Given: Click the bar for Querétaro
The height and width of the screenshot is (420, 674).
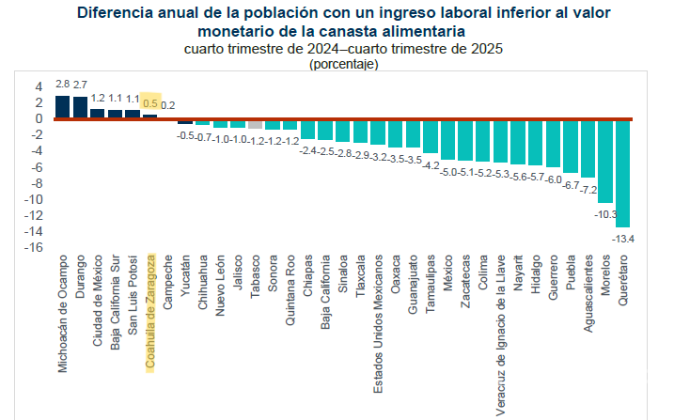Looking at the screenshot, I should coord(622,173).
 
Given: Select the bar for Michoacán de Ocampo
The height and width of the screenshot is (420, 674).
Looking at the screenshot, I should coord(62,107).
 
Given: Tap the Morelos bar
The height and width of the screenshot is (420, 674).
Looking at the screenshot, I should coord(605,161).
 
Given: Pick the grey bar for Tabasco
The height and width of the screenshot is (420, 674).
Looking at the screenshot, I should coord(255,124).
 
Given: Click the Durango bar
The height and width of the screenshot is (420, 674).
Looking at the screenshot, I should coord(80,108).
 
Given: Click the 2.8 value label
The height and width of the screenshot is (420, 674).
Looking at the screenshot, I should coord(62,85).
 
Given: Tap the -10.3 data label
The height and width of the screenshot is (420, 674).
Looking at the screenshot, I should coord(605,214).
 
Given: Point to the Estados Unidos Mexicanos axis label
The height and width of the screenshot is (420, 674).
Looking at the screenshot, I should coord(377,314).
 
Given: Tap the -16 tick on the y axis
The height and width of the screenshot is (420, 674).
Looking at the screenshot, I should coord(35,247).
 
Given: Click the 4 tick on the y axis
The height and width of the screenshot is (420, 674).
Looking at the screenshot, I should coord(39,86).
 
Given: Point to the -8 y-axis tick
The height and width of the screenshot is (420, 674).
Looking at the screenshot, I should coord(37,183).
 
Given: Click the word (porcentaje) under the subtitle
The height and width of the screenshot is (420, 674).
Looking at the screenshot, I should coord(343,64).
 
